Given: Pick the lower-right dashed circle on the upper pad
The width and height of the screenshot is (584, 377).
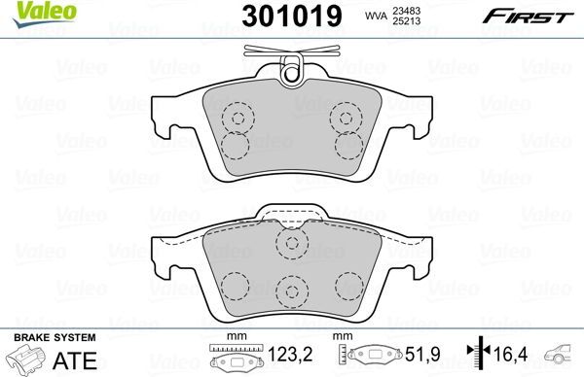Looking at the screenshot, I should (347, 146).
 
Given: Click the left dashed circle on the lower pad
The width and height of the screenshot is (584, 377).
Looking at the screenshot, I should (233, 283).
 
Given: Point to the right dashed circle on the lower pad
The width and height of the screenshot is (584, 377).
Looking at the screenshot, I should (351, 283).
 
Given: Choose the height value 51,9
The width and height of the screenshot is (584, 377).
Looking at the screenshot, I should (417, 358).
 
